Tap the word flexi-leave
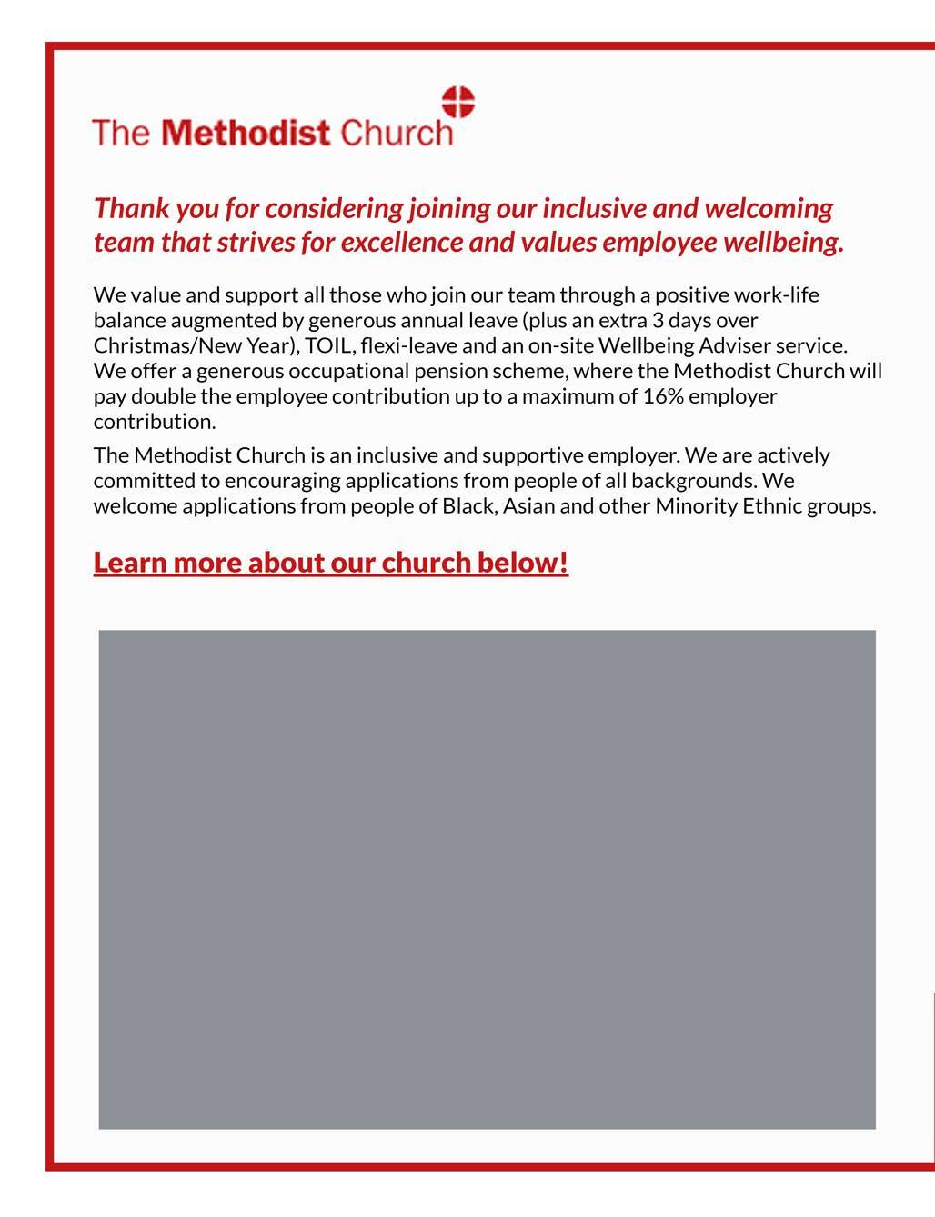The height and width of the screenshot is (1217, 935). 408,346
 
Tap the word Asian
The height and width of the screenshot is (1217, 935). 528,505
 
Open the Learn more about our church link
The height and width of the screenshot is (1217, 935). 330,563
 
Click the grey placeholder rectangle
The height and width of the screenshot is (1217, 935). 487,879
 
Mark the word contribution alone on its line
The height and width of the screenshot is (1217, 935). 154,422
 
